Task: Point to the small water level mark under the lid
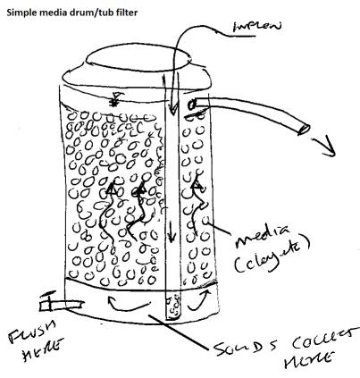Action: [114, 101]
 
